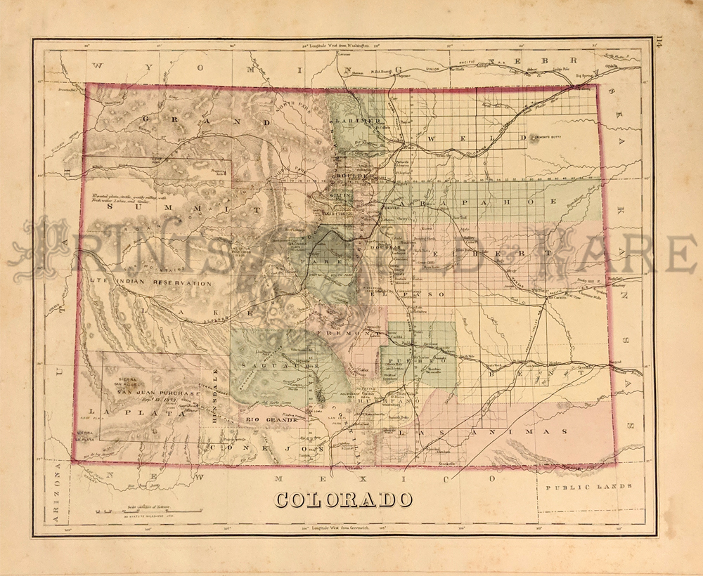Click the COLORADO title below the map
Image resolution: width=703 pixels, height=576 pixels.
click(x=343, y=499)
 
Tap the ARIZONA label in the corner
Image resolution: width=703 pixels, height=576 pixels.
click(x=58, y=496)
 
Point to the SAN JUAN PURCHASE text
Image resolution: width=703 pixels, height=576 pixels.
click(x=159, y=393)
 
